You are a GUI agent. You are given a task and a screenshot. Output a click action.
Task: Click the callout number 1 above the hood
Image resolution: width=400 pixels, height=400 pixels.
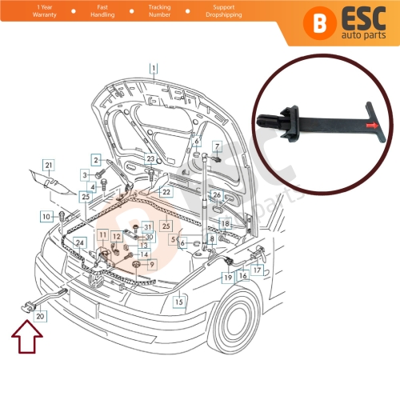(x=154, y=70)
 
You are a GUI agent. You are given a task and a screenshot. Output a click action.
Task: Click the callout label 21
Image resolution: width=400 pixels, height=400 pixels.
(x=48, y=166)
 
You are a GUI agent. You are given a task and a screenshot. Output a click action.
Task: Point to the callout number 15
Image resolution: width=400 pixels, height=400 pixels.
(x=179, y=302)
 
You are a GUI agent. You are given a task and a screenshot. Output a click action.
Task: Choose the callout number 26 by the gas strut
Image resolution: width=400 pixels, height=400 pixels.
(x=216, y=194)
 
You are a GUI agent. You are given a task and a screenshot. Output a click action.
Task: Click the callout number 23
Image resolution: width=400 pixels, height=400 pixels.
(x=150, y=159)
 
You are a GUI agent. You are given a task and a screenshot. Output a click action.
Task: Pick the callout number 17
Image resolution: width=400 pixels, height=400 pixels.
(x=257, y=270)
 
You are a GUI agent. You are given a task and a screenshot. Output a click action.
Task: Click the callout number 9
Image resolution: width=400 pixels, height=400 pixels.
(x=151, y=264)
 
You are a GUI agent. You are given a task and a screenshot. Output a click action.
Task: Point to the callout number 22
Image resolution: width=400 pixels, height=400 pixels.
(x=166, y=192)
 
